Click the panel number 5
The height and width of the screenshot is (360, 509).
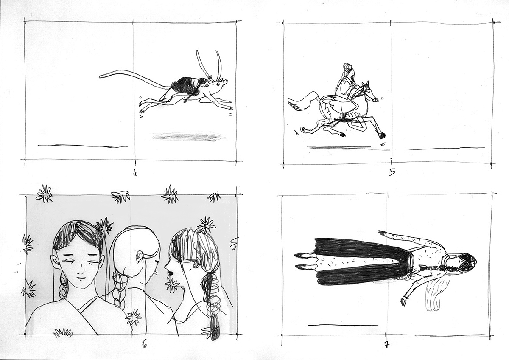392,173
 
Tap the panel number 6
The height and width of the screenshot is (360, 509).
144,345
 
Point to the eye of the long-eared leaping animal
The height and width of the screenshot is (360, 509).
218,85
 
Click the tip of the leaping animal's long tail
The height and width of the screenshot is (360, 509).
100,76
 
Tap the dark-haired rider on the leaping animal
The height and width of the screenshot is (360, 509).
189,85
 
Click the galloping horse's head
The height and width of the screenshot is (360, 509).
370,94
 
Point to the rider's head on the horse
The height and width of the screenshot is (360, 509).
348,70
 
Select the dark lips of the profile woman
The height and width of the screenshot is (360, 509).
169,273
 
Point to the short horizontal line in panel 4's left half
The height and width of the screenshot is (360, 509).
83,146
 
